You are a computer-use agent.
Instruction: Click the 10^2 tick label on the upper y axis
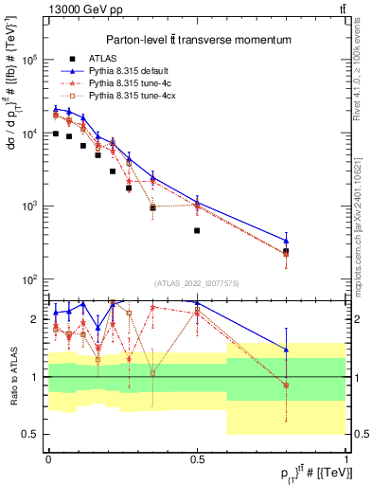pos(29,279)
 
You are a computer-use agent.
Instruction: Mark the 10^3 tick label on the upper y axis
pos(29,207)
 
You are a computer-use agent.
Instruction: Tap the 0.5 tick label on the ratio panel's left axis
pos(31,434)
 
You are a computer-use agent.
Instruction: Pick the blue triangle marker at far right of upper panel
pos(286,240)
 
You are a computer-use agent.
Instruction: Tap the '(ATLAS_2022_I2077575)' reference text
pos(197,282)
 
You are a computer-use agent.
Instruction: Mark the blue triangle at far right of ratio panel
pos(286,350)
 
